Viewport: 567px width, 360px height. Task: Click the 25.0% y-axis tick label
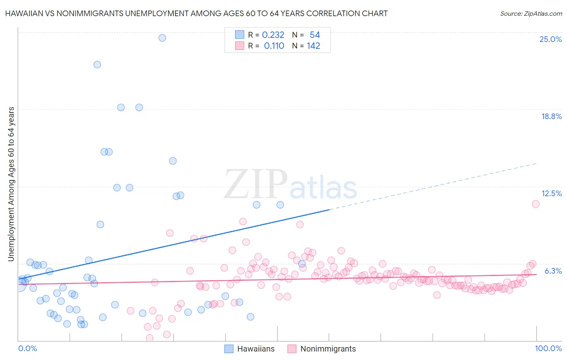pos(550,40)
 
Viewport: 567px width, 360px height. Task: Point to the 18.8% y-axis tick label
pos(551,117)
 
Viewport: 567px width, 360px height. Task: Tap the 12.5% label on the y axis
pos(551,194)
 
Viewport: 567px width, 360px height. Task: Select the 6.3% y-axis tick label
pos(553,271)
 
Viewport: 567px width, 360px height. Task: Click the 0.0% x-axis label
pos(27,349)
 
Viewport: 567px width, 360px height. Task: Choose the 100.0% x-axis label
pos(548,349)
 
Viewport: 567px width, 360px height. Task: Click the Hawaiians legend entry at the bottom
pos(256,349)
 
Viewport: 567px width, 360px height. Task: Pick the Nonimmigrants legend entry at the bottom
pos(328,349)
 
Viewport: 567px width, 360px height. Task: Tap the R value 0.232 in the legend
pos(273,35)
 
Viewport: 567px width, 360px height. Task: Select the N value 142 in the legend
pos(313,46)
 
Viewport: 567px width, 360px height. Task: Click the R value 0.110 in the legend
pos(274,46)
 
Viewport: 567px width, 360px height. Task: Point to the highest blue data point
pos(162,38)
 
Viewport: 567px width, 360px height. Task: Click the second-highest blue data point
pos(97,65)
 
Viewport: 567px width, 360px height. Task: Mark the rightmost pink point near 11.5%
pos(536,204)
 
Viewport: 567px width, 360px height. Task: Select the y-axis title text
pos(11,184)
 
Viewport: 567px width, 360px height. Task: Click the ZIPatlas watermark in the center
pos(290,185)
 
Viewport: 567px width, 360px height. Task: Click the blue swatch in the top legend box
pos(240,35)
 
